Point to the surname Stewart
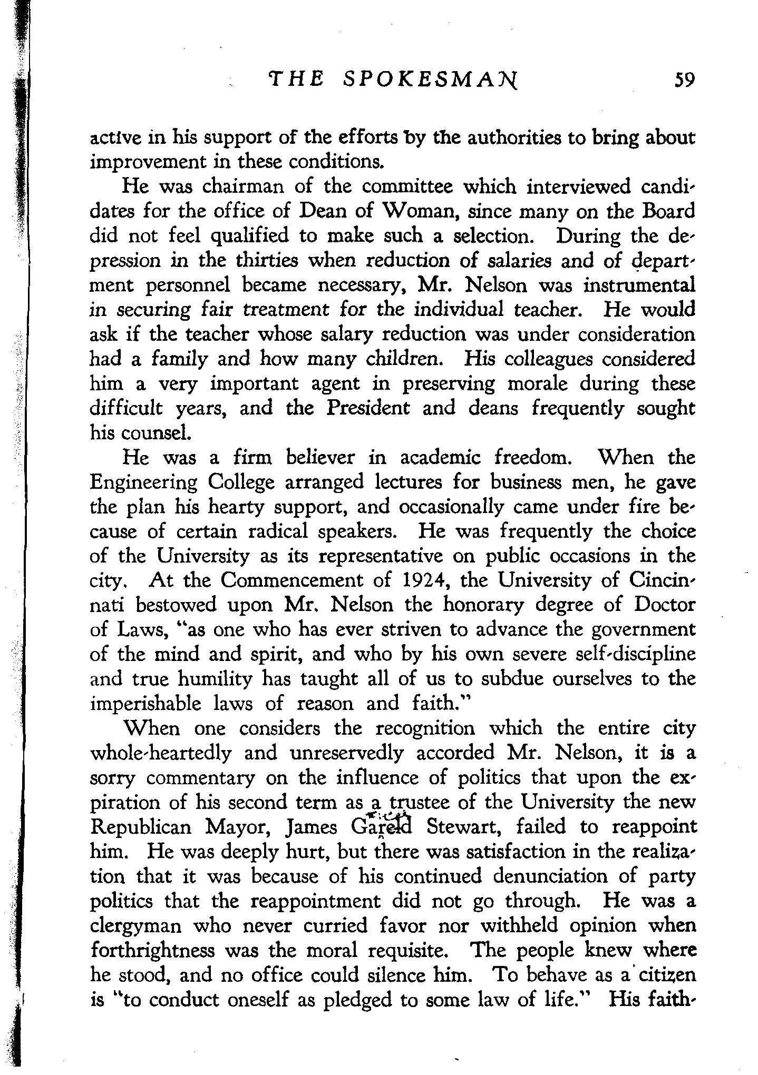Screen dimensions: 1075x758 tap(465, 826)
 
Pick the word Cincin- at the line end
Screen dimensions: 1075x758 tap(663, 580)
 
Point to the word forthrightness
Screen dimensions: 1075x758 tap(153, 950)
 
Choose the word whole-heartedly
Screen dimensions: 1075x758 tap(161, 753)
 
